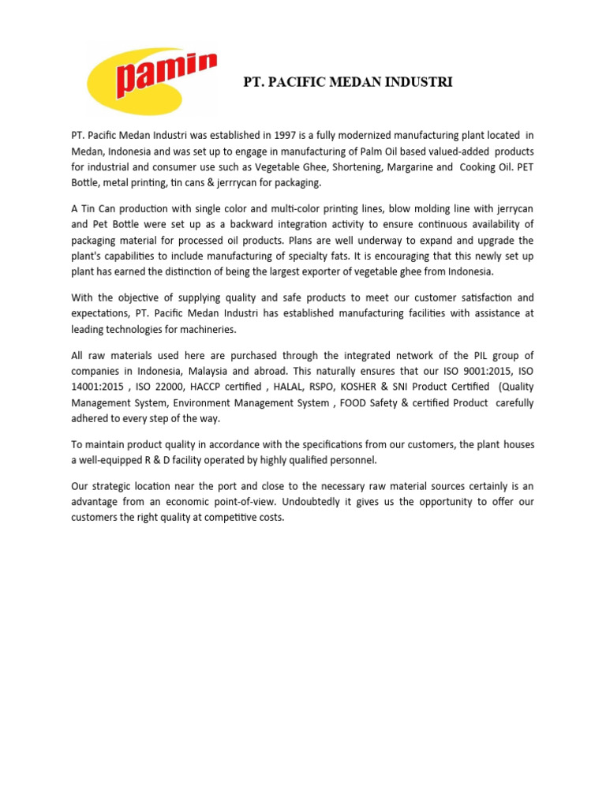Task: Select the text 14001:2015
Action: pyautogui.click(x=99, y=387)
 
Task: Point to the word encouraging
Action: pyautogui.click(x=369, y=256)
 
